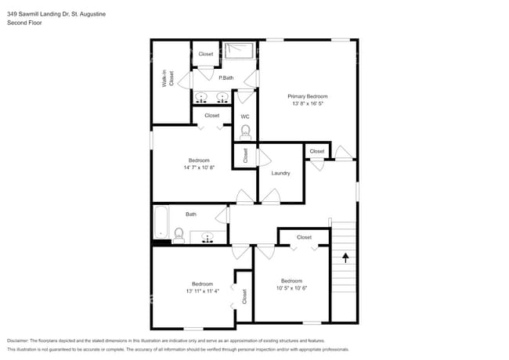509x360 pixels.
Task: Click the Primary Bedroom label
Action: pyautogui.click(x=306, y=95)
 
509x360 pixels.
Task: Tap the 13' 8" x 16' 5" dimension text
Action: pyautogui.click(x=306, y=103)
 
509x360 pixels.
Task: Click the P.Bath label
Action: pyautogui.click(x=226, y=77)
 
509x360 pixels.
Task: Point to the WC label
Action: pyautogui.click(x=244, y=117)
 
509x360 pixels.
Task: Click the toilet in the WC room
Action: pyautogui.click(x=244, y=131)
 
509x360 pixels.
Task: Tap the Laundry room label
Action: pyautogui.click(x=280, y=173)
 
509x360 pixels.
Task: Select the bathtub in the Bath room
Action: pyautogui.click(x=161, y=221)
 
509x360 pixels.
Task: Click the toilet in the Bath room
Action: pyautogui.click(x=179, y=235)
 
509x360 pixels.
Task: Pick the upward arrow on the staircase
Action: pyautogui.click(x=345, y=255)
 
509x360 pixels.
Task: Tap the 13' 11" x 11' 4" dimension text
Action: pyautogui.click(x=202, y=290)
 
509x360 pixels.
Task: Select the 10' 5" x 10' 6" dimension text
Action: pyautogui.click(x=291, y=287)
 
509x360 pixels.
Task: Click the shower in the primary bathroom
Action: pyautogui.click(x=240, y=51)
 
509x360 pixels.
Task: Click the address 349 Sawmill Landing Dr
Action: pyautogui.click(x=42, y=14)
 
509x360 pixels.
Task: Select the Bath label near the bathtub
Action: pyautogui.click(x=191, y=214)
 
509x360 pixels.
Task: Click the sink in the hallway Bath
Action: pyautogui.click(x=208, y=236)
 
